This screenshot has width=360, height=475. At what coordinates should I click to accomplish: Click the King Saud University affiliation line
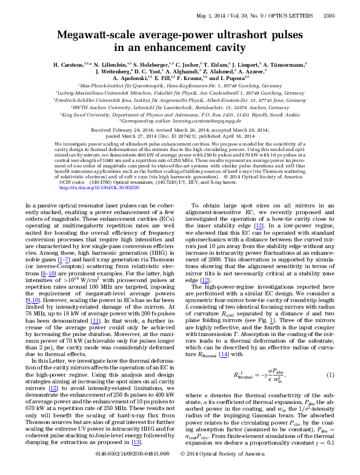click(x=179, y=115)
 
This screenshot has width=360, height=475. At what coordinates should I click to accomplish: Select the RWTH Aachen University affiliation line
click(x=179, y=108)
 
